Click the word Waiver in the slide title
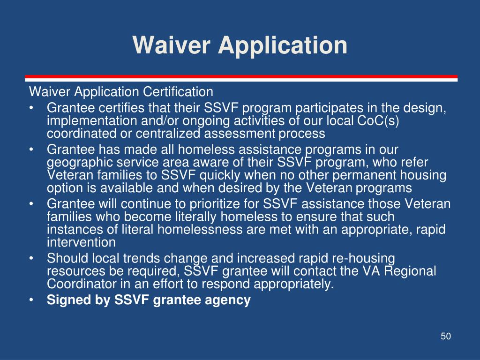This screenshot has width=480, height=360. pos(172,45)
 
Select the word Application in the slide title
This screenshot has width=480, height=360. pos(283,46)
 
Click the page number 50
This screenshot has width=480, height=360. pos(446,336)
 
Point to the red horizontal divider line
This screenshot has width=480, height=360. pos(241,76)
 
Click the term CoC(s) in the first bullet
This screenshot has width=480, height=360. pos(378,120)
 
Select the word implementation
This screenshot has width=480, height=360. pos(92,121)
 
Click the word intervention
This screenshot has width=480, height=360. pos(81,242)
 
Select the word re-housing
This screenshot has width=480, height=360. pos(363,259)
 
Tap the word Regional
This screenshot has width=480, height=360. pos(410,271)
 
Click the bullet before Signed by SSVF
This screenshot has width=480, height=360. pos(31,300)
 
